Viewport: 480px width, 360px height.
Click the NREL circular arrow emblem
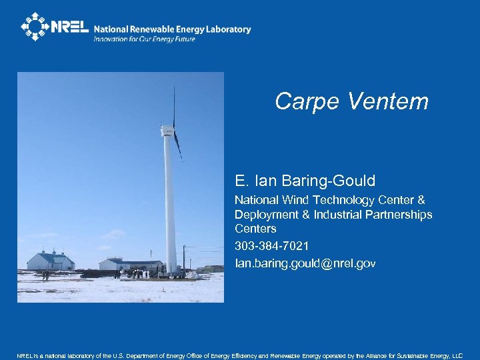click(35, 27)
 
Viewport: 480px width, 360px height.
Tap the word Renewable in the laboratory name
click(153, 29)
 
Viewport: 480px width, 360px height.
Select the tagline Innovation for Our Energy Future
click(144, 39)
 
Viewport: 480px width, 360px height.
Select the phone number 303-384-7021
click(271, 246)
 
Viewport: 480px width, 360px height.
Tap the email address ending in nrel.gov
click(305, 263)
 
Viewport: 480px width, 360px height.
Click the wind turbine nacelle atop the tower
click(169, 130)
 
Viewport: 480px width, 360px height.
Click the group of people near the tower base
click(137, 273)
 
